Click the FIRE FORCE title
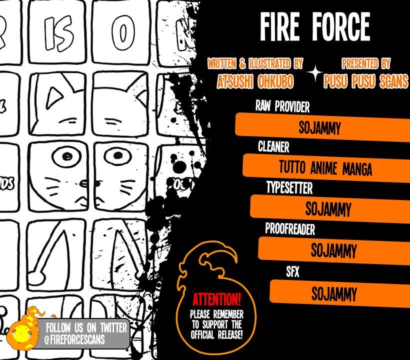point(314,27)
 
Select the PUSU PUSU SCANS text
point(365,81)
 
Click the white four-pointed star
point(315,73)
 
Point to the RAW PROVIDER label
point(282,106)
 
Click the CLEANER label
point(273,147)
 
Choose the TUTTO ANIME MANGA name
point(325,168)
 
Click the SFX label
point(292,272)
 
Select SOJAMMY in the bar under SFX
point(334,294)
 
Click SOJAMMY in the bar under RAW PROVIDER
point(320,128)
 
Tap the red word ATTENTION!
point(216,300)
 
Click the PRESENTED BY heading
point(366,63)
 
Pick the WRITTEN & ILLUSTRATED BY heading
point(255,63)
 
